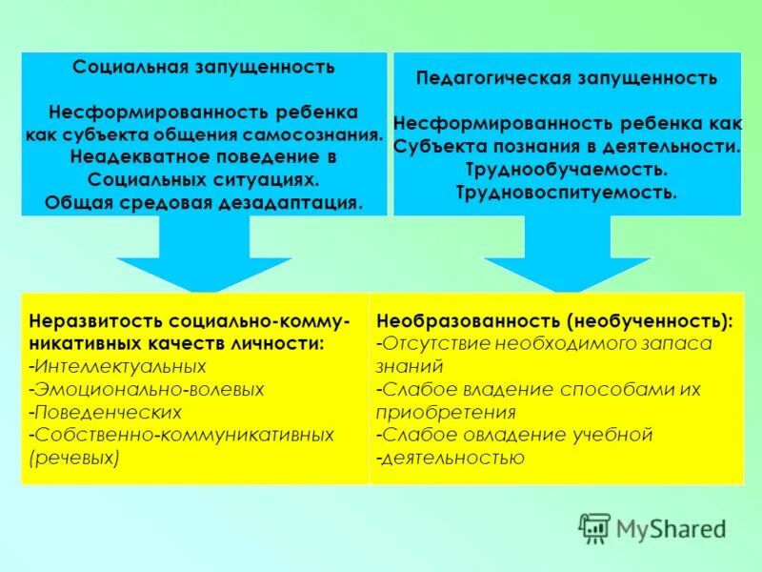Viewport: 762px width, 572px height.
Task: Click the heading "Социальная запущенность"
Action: (204, 67)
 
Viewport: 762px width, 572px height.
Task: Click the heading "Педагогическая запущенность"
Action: (566, 77)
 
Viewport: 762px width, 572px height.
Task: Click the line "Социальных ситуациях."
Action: (203, 179)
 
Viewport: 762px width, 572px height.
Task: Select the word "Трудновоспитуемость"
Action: (566, 193)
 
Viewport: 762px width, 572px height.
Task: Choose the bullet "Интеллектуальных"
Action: (120, 366)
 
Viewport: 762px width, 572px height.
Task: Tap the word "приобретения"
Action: (447, 412)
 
